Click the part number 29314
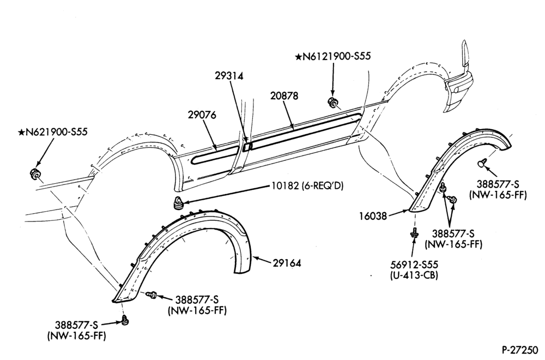click(229, 76)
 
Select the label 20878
click(284, 96)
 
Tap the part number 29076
click(202, 115)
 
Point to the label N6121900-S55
click(337, 56)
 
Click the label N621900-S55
click(57, 132)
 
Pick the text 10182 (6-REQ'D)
click(307, 186)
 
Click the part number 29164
click(287, 263)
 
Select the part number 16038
click(373, 216)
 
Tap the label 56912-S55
click(414, 265)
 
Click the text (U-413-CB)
click(414, 275)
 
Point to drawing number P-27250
click(522, 349)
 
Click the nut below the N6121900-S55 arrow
click(331, 102)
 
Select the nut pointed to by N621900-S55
click(34, 173)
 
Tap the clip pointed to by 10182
click(178, 203)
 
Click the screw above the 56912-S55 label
click(414, 232)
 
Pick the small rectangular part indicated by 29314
click(246, 146)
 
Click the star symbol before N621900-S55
click(22, 132)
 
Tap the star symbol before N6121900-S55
click(299, 56)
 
